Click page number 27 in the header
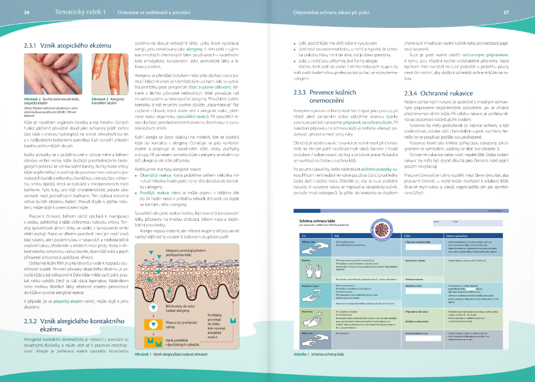tap(521, 12)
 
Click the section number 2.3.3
tap(302, 93)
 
